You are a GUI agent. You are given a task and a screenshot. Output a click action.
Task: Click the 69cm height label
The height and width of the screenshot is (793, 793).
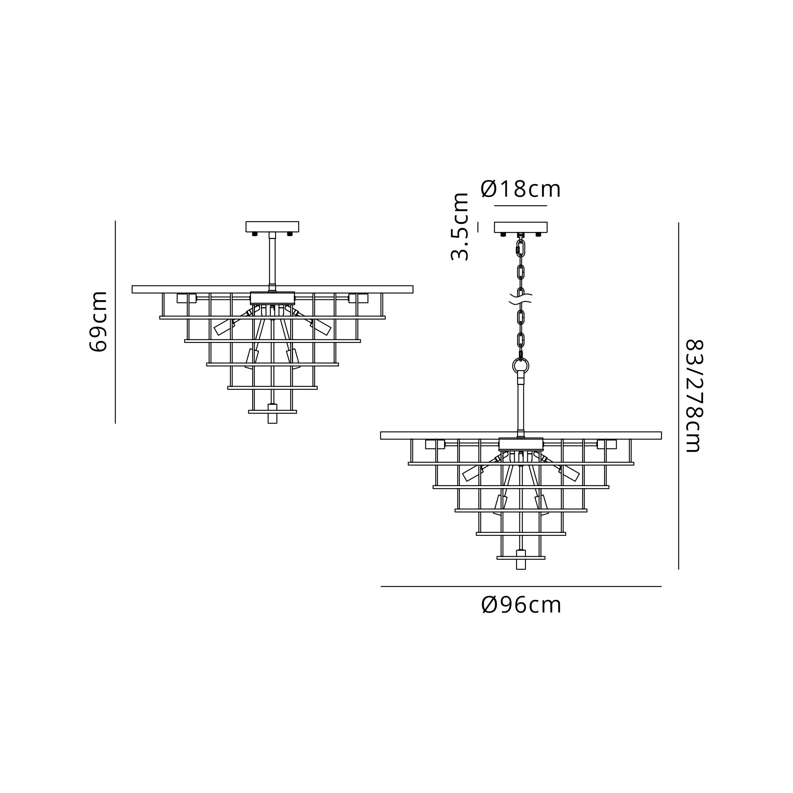coord(98,322)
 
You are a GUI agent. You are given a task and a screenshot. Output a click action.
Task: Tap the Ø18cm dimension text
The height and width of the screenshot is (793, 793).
coord(521,189)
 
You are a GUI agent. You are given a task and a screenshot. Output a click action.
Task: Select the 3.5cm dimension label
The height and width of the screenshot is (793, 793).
coord(460,226)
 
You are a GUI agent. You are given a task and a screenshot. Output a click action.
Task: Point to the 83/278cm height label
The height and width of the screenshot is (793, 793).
coord(695,396)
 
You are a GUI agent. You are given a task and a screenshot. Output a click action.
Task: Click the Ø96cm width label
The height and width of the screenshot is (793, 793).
coord(521,605)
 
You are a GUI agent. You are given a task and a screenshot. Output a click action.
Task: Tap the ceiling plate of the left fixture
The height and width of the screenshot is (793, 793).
coord(272,226)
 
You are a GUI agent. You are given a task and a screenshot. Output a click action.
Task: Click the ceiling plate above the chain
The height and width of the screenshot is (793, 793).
coord(521,227)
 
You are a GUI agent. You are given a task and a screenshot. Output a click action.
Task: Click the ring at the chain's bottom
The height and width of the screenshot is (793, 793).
coord(521,365)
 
